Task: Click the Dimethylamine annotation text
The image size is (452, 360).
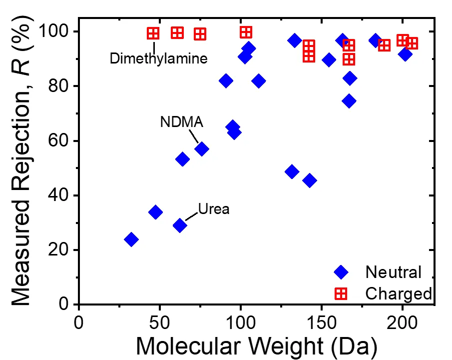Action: coord(158,58)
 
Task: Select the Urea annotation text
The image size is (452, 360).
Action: coord(213,208)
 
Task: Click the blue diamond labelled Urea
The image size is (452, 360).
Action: coord(180,225)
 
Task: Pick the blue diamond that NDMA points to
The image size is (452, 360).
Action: coord(202,149)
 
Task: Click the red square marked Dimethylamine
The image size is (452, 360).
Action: coord(153,33)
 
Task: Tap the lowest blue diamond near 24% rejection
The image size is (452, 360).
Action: coord(131,239)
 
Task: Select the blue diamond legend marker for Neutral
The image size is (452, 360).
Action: coord(341,272)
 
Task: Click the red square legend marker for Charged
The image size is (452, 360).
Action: coord(341,293)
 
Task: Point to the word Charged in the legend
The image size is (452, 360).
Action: coord(398,293)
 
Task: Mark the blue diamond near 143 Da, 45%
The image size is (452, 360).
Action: coord(310,180)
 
